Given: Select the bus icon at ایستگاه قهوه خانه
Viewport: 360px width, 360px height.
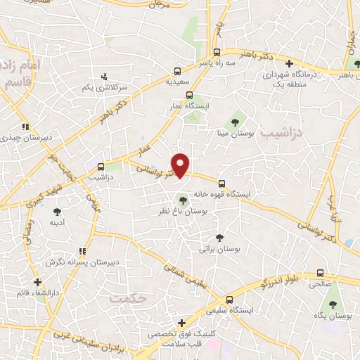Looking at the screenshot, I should tap(222, 179).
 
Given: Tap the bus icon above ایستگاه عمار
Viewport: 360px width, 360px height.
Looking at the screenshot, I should tap(189, 96).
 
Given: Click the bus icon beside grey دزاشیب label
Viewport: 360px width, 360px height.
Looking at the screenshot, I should tap(101, 167).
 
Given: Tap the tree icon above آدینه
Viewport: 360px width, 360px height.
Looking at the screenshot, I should tap(57, 211).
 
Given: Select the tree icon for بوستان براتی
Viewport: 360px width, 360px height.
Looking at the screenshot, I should tap(219, 238).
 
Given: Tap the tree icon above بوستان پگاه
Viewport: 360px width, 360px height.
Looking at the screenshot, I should tap(333, 305).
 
